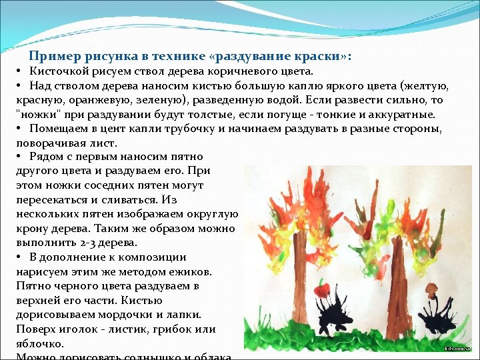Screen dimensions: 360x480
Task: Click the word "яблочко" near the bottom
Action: (39, 344)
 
